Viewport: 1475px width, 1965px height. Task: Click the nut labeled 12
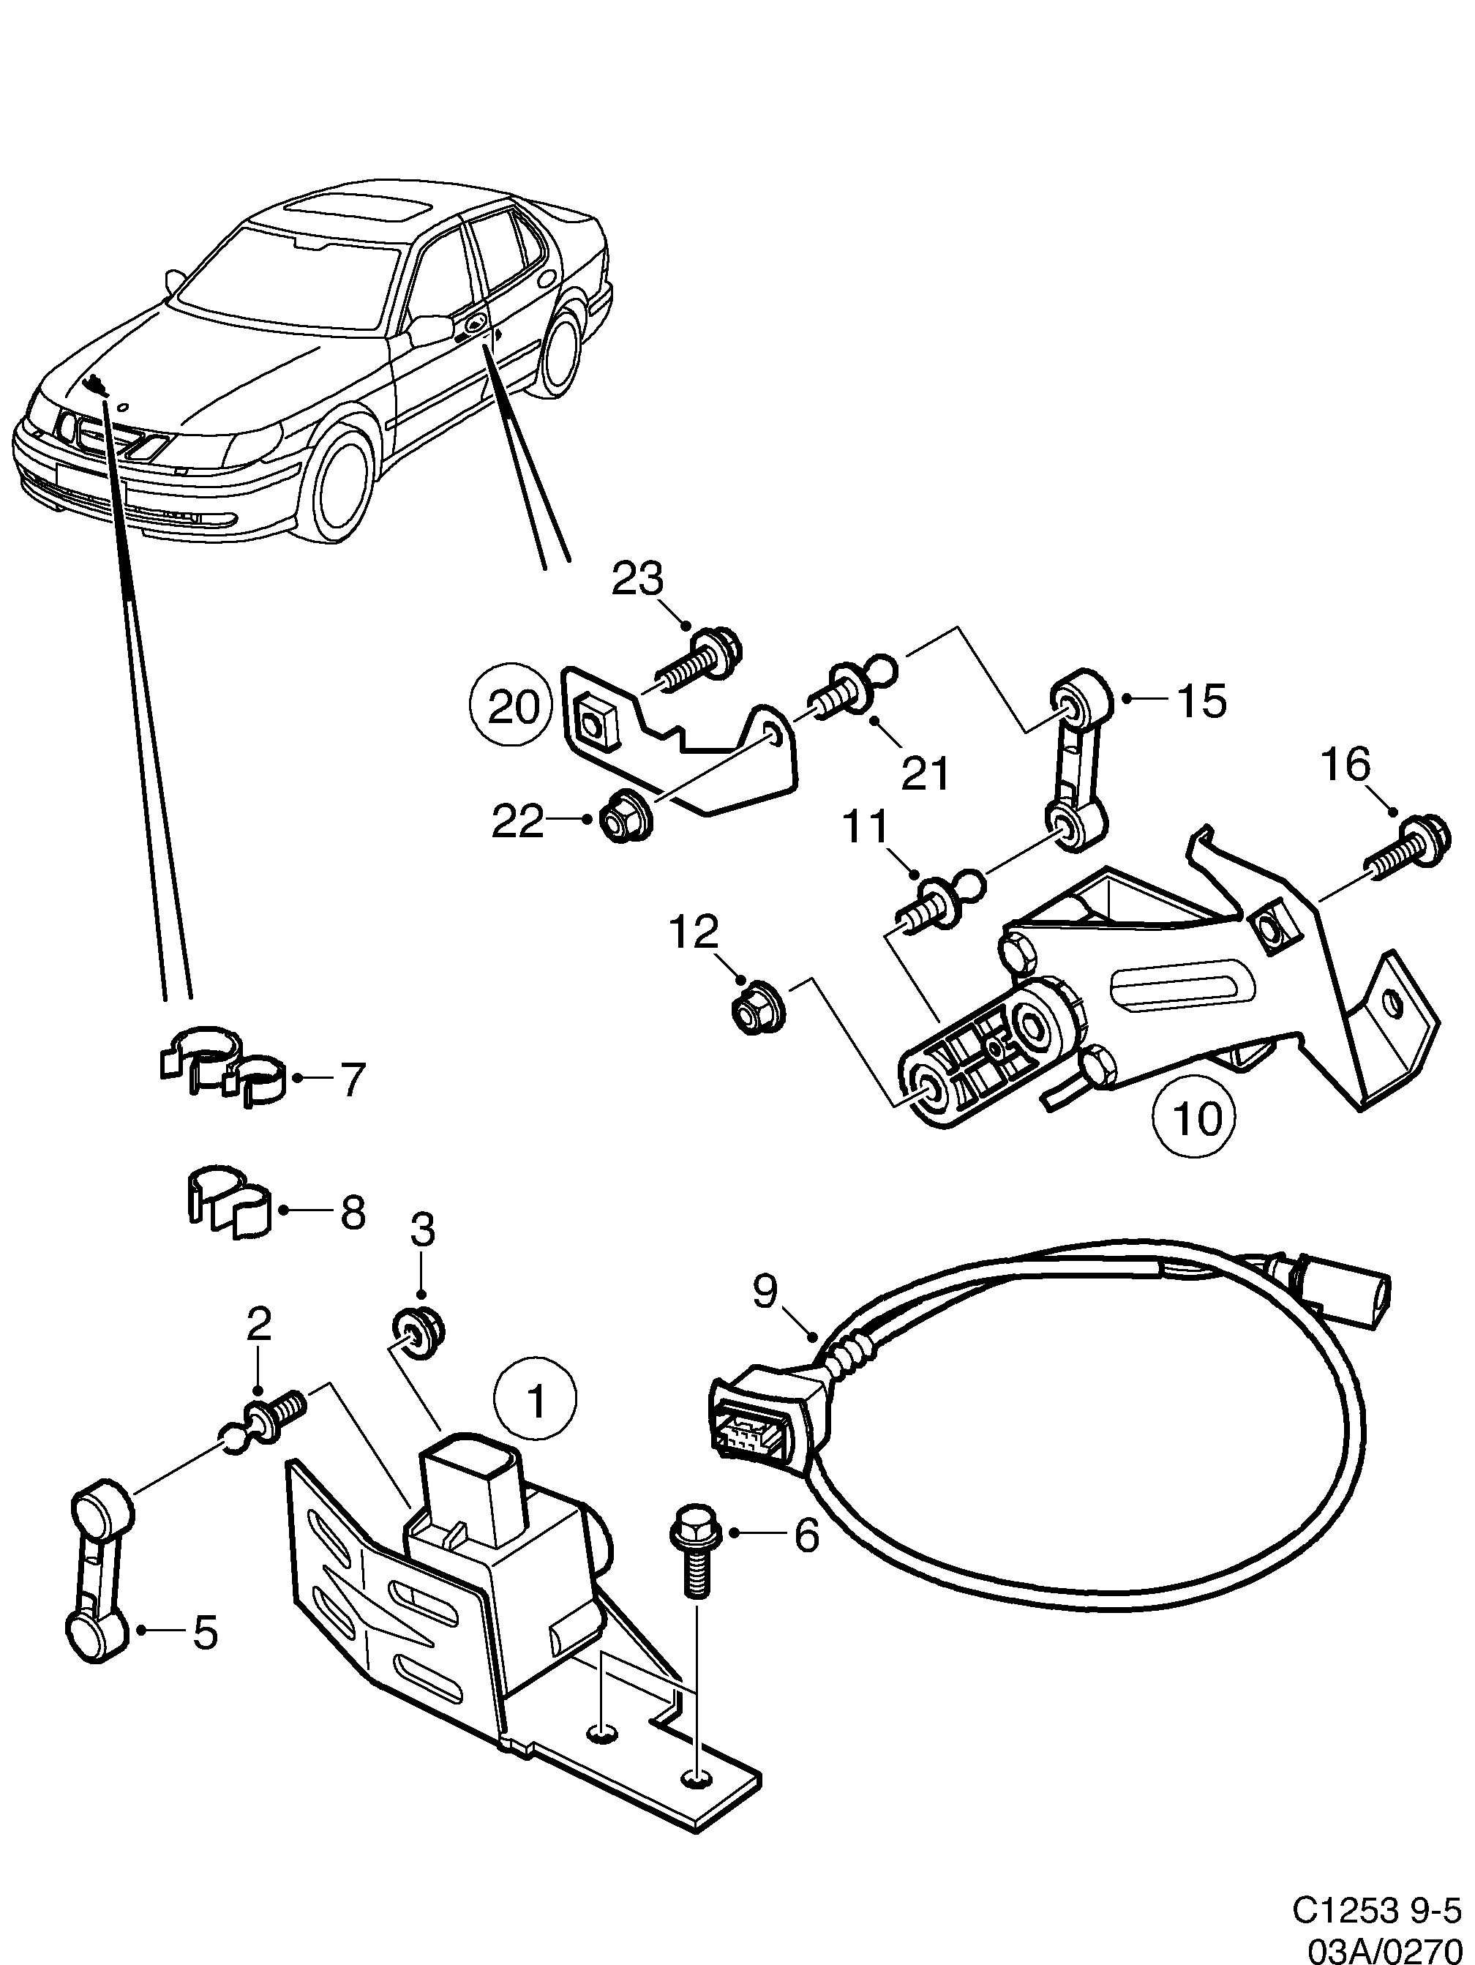756,1006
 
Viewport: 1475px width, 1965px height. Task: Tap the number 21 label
926,773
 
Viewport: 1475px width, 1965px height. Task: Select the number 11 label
865,827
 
